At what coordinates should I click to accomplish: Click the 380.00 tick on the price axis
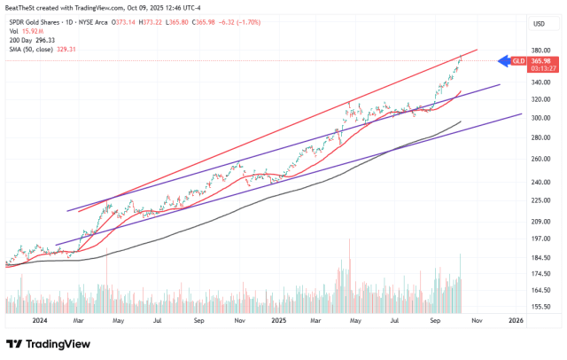pos(541,51)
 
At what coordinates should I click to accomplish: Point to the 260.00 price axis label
pos(541,159)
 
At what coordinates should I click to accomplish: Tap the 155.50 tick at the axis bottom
pos(541,307)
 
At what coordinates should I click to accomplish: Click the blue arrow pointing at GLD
pos(504,61)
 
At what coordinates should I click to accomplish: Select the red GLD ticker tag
pos(520,61)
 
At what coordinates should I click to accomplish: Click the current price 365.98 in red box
pos(541,60)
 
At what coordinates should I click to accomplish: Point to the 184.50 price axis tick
pos(541,257)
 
